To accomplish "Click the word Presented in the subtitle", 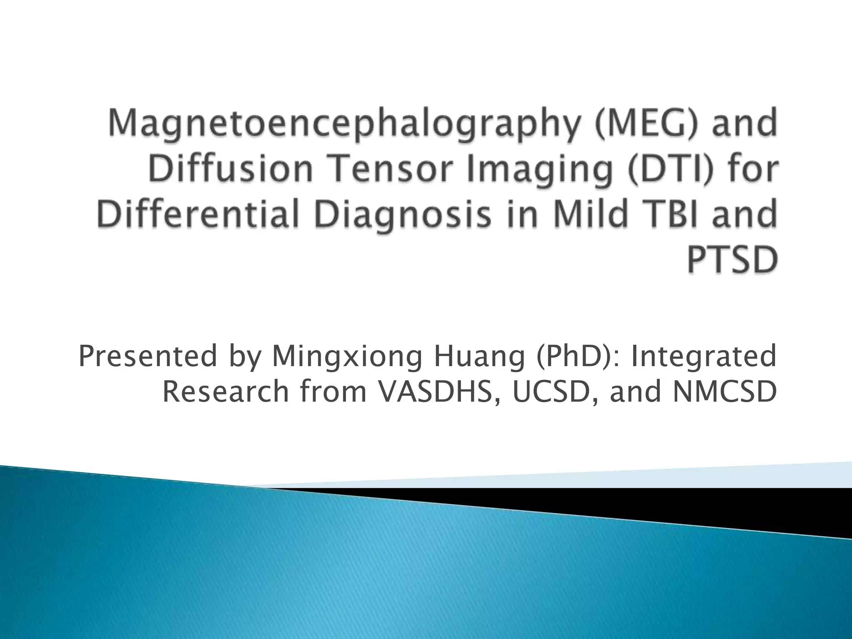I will pos(148,357).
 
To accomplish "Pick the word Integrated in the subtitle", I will pos(703,357).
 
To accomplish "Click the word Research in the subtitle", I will pos(225,392).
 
